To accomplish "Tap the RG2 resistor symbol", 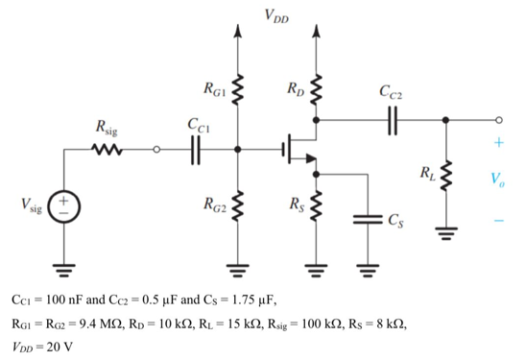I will (x=239, y=204).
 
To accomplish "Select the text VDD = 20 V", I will (x=49, y=346).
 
